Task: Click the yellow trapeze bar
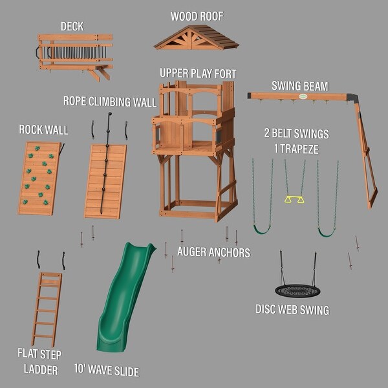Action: [x=294, y=199]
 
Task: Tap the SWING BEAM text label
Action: [x=299, y=85]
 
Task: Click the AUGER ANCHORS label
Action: [x=213, y=252]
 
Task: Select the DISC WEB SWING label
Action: [x=292, y=310]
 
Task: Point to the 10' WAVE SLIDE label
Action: [x=107, y=371]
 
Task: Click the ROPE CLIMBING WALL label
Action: [x=109, y=102]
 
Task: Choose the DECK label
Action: [x=72, y=27]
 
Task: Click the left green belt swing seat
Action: [x=262, y=229]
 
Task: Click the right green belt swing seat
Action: [x=327, y=231]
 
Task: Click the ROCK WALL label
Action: [x=43, y=130]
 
